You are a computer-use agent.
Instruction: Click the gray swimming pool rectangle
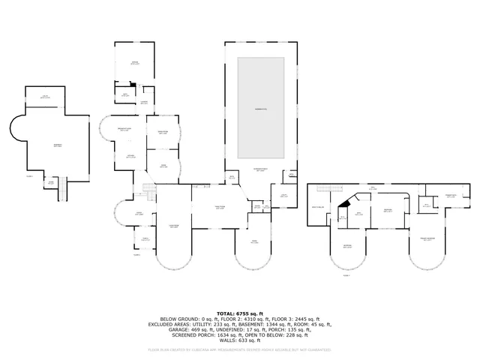click(261, 108)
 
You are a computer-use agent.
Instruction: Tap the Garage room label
click(135, 64)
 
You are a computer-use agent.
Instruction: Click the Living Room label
click(173, 226)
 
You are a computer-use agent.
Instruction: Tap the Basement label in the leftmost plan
click(57, 145)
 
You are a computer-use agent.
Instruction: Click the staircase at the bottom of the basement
click(63, 193)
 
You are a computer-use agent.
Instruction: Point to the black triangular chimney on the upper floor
click(344, 202)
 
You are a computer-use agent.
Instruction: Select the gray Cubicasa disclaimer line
click(239, 349)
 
